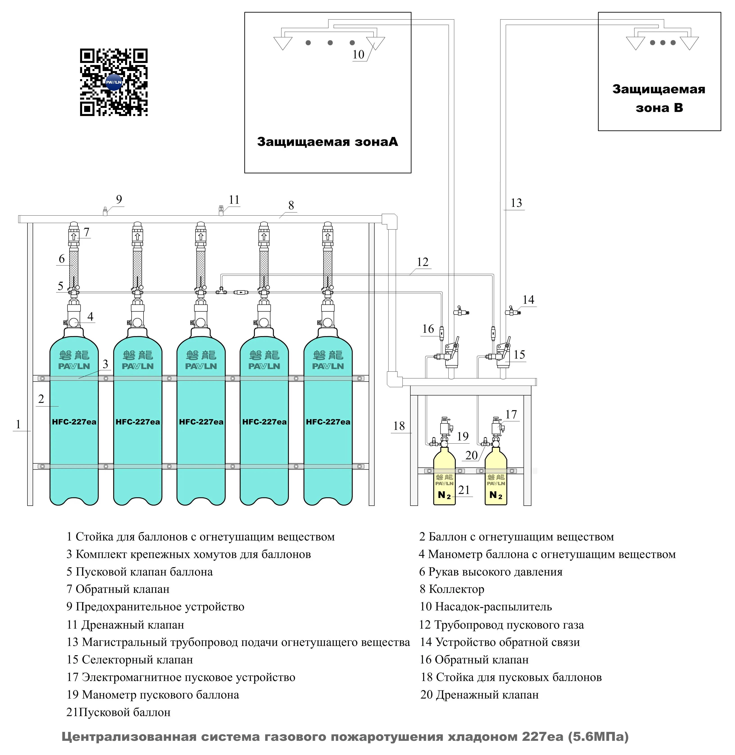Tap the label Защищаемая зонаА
[327, 142]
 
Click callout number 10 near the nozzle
[358, 54]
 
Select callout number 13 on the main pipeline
[516, 203]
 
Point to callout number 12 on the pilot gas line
[423, 262]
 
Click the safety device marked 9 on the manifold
[105, 211]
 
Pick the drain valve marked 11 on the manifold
[221, 211]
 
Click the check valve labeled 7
[74, 235]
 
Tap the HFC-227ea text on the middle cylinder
[201, 422]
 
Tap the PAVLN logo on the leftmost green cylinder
[74, 366]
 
